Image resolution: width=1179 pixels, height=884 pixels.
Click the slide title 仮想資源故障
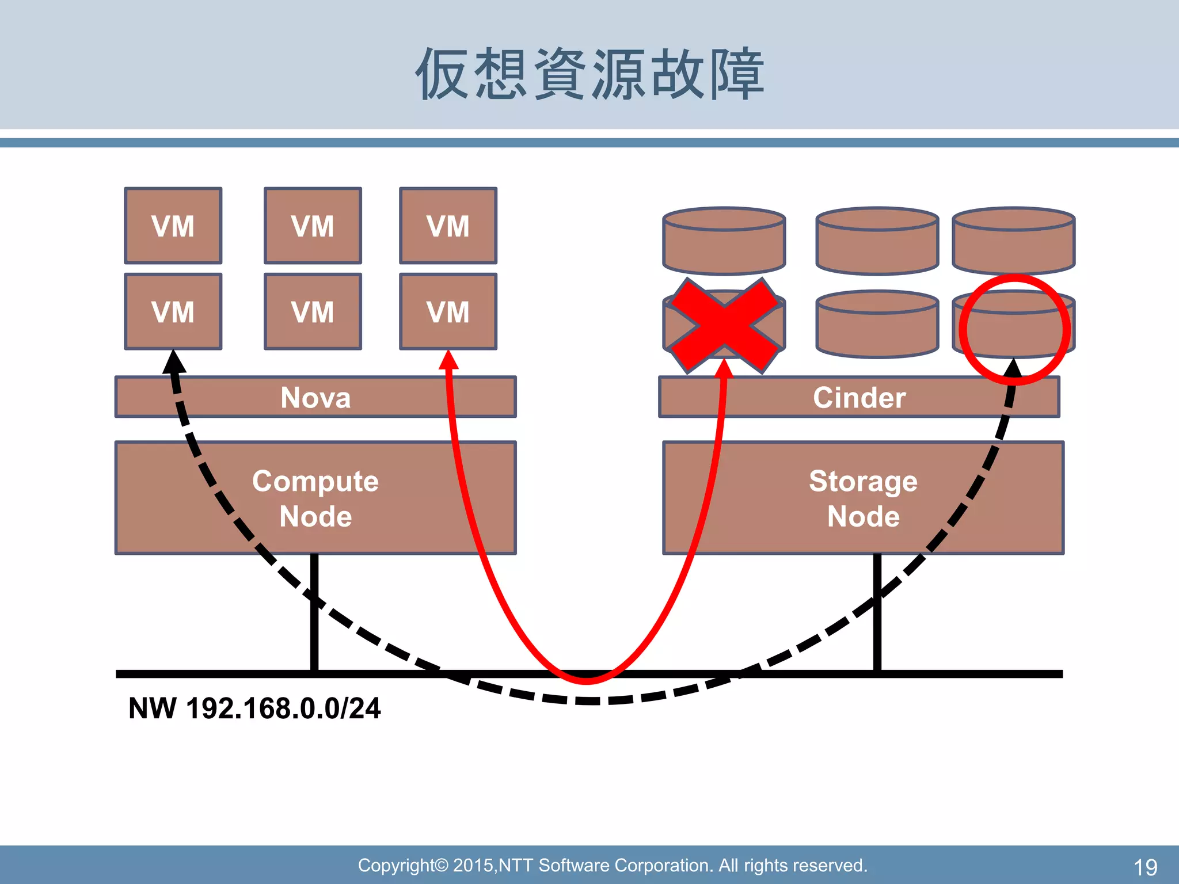(x=589, y=74)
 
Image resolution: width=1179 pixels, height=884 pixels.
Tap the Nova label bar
(x=315, y=397)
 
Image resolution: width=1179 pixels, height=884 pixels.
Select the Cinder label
(x=859, y=397)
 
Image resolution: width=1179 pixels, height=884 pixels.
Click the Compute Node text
(x=315, y=498)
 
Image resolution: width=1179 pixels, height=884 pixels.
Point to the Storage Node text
(x=863, y=498)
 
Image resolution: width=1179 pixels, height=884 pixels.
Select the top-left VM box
(x=173, y=226)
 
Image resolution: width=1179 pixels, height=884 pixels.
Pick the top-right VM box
(x=448, y=226)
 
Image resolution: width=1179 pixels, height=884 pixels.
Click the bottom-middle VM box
(x=313, y=311)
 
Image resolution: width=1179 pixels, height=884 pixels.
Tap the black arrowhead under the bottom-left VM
(x=173, y=363)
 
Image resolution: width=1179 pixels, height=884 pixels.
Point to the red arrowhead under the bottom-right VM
(x=448, y=360)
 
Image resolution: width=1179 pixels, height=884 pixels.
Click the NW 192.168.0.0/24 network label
(x=254, y=708)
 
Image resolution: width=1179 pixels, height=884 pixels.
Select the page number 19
(x=1144, y=867)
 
